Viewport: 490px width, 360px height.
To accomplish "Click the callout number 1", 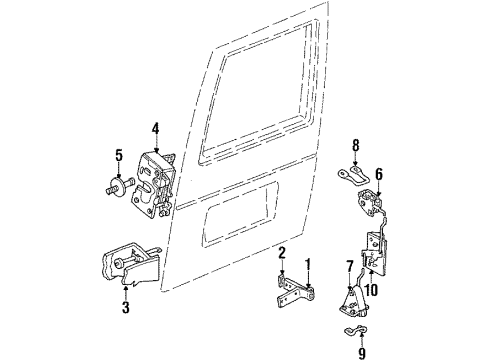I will (x=308, y=266).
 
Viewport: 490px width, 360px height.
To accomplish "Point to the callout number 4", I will (x=155, y=127).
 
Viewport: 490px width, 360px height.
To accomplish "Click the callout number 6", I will (x=379, y=172).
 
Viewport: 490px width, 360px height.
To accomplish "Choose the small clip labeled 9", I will (x=352, y=329).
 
